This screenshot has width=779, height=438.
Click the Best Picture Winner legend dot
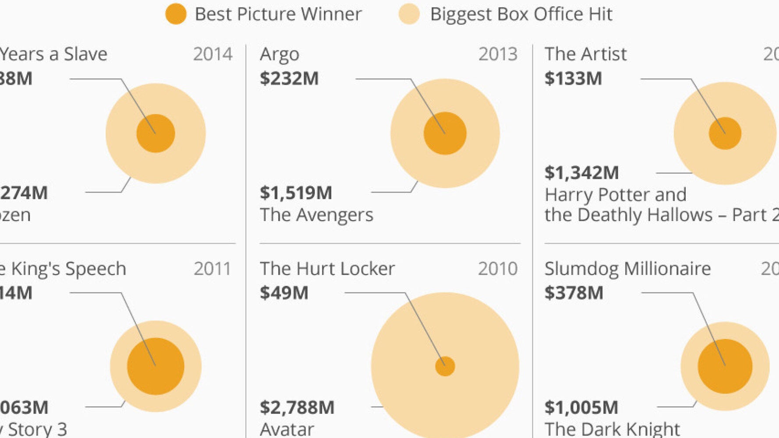tap(176, 14)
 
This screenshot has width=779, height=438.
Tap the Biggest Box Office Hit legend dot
tap(409, 14)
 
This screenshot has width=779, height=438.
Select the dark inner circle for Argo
tap(445, 133)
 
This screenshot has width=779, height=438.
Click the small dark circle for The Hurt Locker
tap(445, 366)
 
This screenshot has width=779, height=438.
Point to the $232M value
tap(289, 79)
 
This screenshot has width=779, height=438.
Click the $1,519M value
tap(296, 193)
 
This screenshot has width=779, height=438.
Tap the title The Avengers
tap(316, 215)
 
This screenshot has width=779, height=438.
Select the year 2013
tap(498, 54)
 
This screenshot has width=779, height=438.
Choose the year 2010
tap(498, 268)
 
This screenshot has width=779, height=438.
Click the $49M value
tap(284, 293)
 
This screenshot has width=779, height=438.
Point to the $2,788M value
tap(297, 407)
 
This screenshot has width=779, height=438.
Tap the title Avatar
tap(287, 428)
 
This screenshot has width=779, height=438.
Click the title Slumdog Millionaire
tap(627, 268)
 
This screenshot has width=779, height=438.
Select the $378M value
tap(574, 293)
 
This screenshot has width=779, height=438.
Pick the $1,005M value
tap(581, 407)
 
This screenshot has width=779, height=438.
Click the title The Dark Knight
tap(612, 428)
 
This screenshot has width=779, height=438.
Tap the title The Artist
tap(585, 54)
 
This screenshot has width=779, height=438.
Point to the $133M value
tap(573, 79)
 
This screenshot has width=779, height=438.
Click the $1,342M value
tap(581, 173)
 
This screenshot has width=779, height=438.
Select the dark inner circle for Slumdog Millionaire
tap(725, 366)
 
